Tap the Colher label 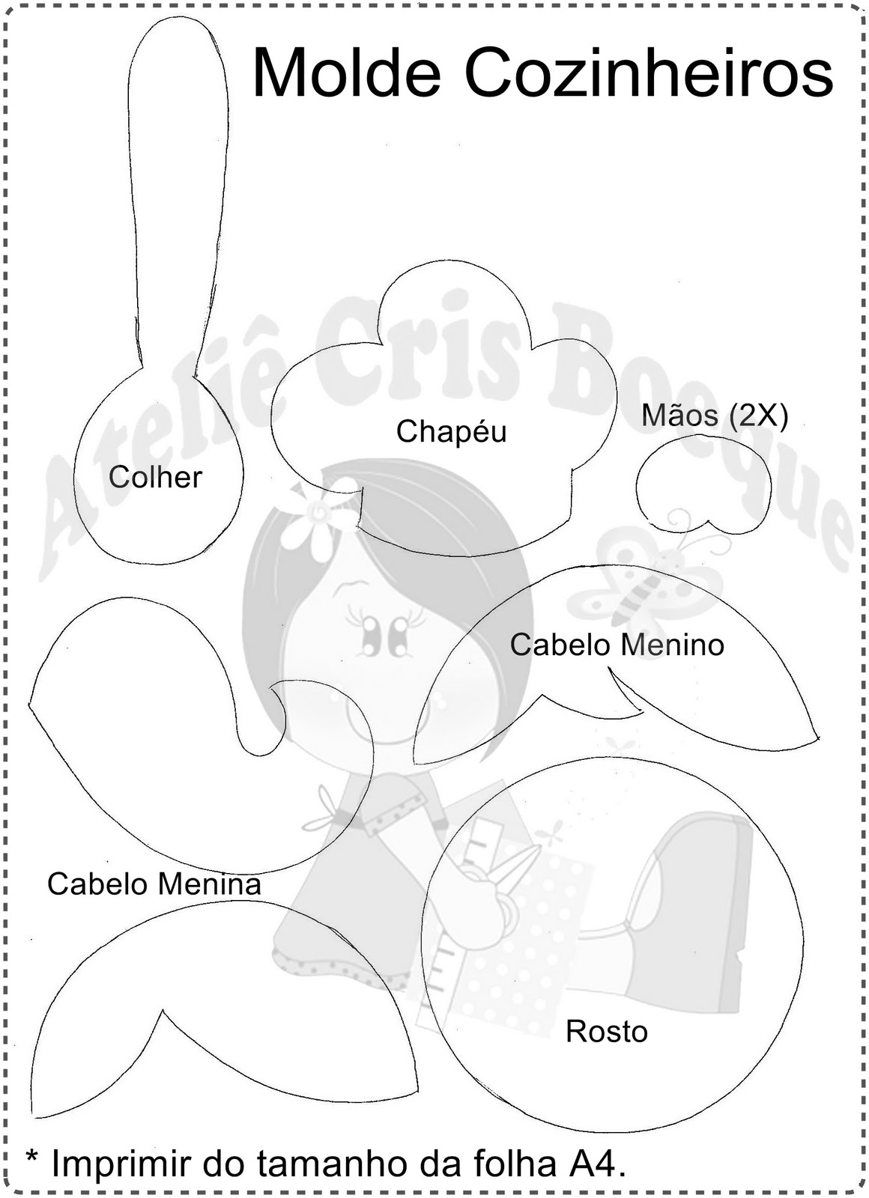155,477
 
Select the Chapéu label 451,431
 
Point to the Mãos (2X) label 714,416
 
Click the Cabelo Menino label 617,645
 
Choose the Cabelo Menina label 154,884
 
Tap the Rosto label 606,1031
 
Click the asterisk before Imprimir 31,1158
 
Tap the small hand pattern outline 703,487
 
